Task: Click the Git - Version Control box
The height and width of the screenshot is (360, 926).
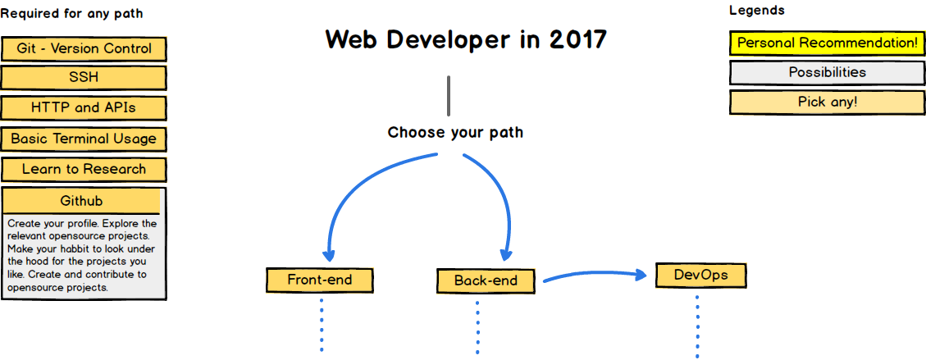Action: (84, 49)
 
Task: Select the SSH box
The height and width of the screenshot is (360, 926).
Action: (84, 78)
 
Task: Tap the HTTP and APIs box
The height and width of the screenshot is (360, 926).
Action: (84, 108)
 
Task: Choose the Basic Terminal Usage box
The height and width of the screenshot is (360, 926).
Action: (84, 139)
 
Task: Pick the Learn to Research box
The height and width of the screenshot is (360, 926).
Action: (84, 170)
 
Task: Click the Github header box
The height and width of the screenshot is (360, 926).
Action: (81, 201)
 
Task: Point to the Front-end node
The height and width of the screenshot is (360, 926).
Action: (320, 280)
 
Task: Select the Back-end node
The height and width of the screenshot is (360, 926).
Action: (486, 281)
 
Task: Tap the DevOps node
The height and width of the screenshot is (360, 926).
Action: (701, 275)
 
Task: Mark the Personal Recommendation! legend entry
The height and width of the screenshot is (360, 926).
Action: (828, 43)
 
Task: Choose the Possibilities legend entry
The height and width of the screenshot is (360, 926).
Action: (828, 73)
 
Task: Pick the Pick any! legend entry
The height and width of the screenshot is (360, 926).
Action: (828, 103)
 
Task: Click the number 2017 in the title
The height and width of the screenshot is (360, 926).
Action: (577, 39)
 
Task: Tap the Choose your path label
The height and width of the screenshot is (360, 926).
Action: (455, 132)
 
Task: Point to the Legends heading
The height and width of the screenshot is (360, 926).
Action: (757, 11)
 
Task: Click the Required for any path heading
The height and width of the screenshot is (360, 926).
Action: (71, 13)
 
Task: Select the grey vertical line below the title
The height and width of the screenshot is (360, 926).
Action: (449, 96)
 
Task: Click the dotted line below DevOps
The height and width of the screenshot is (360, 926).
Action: (697, 326)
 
